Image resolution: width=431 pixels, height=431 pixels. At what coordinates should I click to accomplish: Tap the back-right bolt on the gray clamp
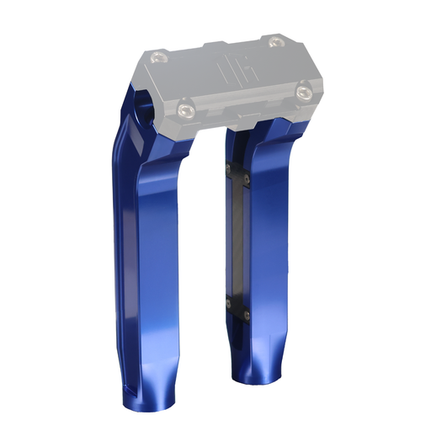(x=274, y=43)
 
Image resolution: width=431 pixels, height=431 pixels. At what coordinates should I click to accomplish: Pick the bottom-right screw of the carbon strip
(x=247, y=312)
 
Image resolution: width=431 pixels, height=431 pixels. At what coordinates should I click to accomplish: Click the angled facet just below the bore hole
(x=135, y=135)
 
